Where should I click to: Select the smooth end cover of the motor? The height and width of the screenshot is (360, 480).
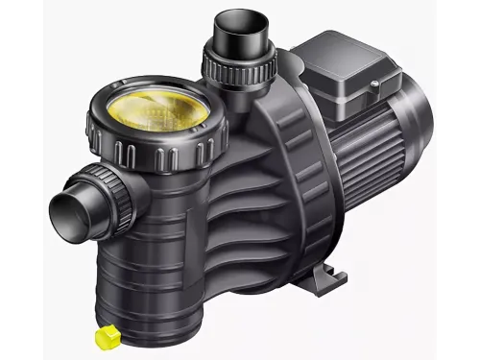pos(417,144)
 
